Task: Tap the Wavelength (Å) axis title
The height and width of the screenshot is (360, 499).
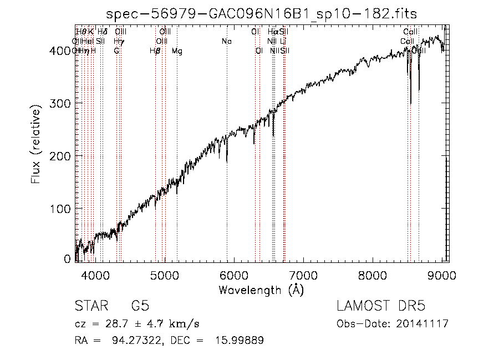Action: click(261, 290)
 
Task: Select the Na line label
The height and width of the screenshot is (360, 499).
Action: click(226, 41)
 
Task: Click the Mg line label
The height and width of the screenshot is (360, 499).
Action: click(177, 51)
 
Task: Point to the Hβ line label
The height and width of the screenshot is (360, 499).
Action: click(155, 51)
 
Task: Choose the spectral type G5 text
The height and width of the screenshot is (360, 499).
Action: click(140, 306)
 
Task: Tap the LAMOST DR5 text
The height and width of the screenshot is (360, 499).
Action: click(380, 306)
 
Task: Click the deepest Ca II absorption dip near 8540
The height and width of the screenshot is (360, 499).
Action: click(411, 103)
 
